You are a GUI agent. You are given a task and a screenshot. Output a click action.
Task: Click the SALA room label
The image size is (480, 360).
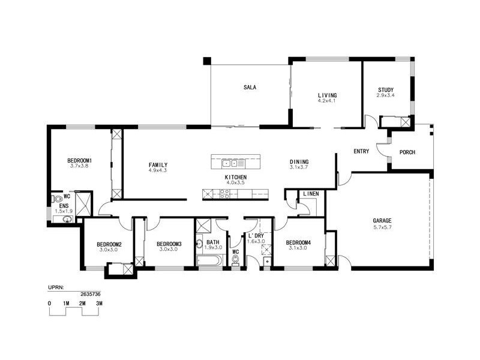click(x=250, y=88)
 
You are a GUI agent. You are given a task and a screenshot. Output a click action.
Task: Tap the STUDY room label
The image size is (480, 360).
click(x=386, y=90)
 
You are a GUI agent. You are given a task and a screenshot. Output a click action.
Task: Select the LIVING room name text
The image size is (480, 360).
click(x=327, y=95)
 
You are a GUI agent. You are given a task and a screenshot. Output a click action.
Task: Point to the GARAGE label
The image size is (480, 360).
click(x=382, y=221)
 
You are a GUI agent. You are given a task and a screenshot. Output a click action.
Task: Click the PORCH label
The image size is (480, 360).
click(x=407, y=152)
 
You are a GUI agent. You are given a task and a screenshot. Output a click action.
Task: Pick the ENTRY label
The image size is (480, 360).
click(x=361, y=152)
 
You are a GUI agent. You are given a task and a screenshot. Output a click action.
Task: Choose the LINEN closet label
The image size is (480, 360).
click(x=311, y=194)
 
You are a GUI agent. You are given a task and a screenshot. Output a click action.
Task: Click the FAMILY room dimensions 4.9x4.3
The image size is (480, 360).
click(x=157, y=171)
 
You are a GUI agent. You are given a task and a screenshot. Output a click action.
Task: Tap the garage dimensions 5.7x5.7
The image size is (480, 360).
click(x=382, y=227)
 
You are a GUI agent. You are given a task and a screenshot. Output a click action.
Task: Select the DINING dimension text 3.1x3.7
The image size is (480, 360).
click(x=299, y=168)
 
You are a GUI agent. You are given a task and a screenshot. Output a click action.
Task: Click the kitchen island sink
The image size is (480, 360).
click(x=228, y=163)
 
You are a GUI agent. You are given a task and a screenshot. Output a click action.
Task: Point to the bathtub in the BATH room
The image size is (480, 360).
click(x=209, y=260)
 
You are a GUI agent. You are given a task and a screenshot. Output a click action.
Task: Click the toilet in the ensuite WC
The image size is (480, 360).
click(x=58, y=198)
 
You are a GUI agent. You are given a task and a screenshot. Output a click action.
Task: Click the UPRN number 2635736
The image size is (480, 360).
click(x=91, y=295)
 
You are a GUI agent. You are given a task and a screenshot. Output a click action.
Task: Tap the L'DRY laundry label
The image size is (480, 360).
click(x=256, y=236)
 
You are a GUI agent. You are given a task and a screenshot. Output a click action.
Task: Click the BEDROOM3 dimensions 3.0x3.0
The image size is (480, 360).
click(x=169, y=249)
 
